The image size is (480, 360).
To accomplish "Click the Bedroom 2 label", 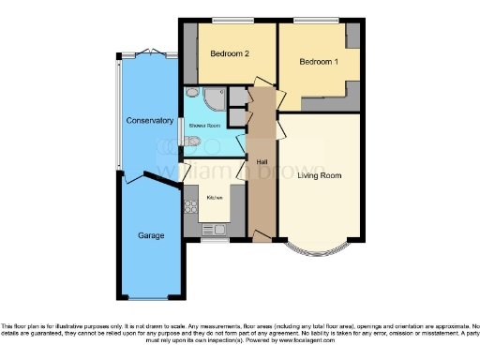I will click(229, 53).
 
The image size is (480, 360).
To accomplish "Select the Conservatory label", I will click(149, 121).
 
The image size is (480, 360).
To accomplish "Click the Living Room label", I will click(319, 175).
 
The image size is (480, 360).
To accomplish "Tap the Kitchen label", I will click(215, 198).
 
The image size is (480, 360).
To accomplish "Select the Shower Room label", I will click(206, 125).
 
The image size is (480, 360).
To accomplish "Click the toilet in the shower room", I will click(192, 142).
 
